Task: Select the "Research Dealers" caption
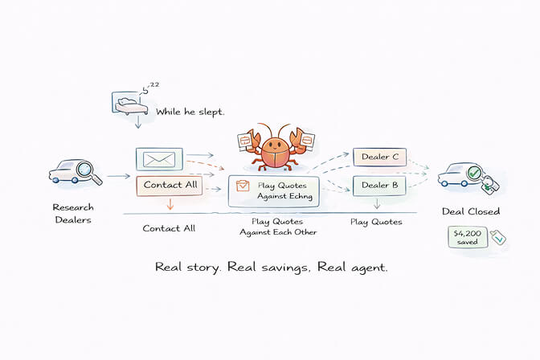73,214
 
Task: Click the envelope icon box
160,158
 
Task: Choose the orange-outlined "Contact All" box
169,186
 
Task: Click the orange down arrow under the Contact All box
169,206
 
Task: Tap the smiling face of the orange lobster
275,148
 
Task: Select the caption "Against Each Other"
278,232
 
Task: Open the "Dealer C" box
380,157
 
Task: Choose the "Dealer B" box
380,186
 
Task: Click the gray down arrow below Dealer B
378,206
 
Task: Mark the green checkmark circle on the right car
474,172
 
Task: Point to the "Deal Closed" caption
471,212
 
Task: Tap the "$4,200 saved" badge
467,237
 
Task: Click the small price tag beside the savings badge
497,237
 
